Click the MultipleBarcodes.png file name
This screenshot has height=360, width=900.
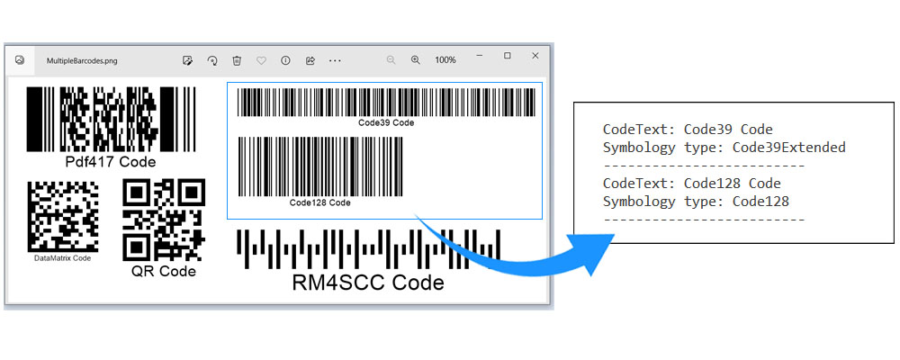(82, 61)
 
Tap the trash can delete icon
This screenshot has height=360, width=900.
(237, 60)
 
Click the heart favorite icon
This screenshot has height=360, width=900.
(261, 60)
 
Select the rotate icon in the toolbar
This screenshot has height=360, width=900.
(212, 60)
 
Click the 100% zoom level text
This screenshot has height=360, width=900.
(445, 60)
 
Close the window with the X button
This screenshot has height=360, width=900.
(535, 56)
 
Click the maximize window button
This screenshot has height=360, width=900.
(508, 56)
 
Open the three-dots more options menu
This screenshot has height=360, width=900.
(335, 60)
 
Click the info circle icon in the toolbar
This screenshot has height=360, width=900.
(285, 60)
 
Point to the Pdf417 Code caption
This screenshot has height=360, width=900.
(111, 162)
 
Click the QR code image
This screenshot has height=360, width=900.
(163, 219)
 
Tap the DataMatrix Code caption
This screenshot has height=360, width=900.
(63, 258)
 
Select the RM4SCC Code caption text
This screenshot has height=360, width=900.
(368, 283)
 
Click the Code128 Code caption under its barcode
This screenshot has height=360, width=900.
(319, 203)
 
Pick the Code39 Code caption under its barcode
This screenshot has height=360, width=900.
(386, 122)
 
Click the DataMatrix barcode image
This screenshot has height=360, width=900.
(63, 216)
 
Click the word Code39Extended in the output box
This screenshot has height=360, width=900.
(789, 148)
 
